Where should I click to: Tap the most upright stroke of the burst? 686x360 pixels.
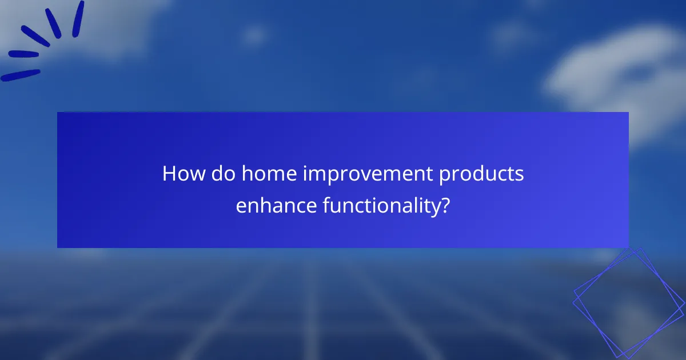pos(78,18)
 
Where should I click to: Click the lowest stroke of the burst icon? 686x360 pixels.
pos(21,75)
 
